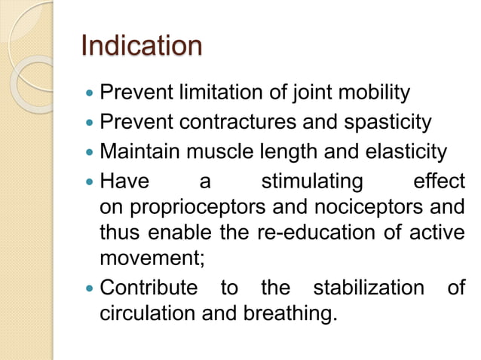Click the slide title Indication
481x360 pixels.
[141, 46]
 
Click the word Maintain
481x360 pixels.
[138, 153]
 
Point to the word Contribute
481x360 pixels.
[149, 287]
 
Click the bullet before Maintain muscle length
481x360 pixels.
[89, 154]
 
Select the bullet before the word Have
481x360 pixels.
[89, 182]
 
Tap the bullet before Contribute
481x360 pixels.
[89, 288]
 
